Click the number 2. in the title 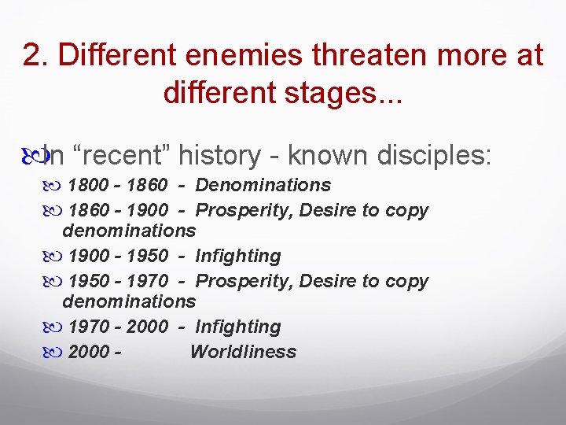tap(36, 55)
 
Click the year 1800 tap(90, 186)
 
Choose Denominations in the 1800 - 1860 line tap(263, 186)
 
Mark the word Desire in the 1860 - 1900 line tap(316, 210)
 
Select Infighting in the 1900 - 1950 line tap(238, 257)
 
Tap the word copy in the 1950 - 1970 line tap(406, 281)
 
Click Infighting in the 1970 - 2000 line tap(238, 327)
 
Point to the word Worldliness tap(243, 352)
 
